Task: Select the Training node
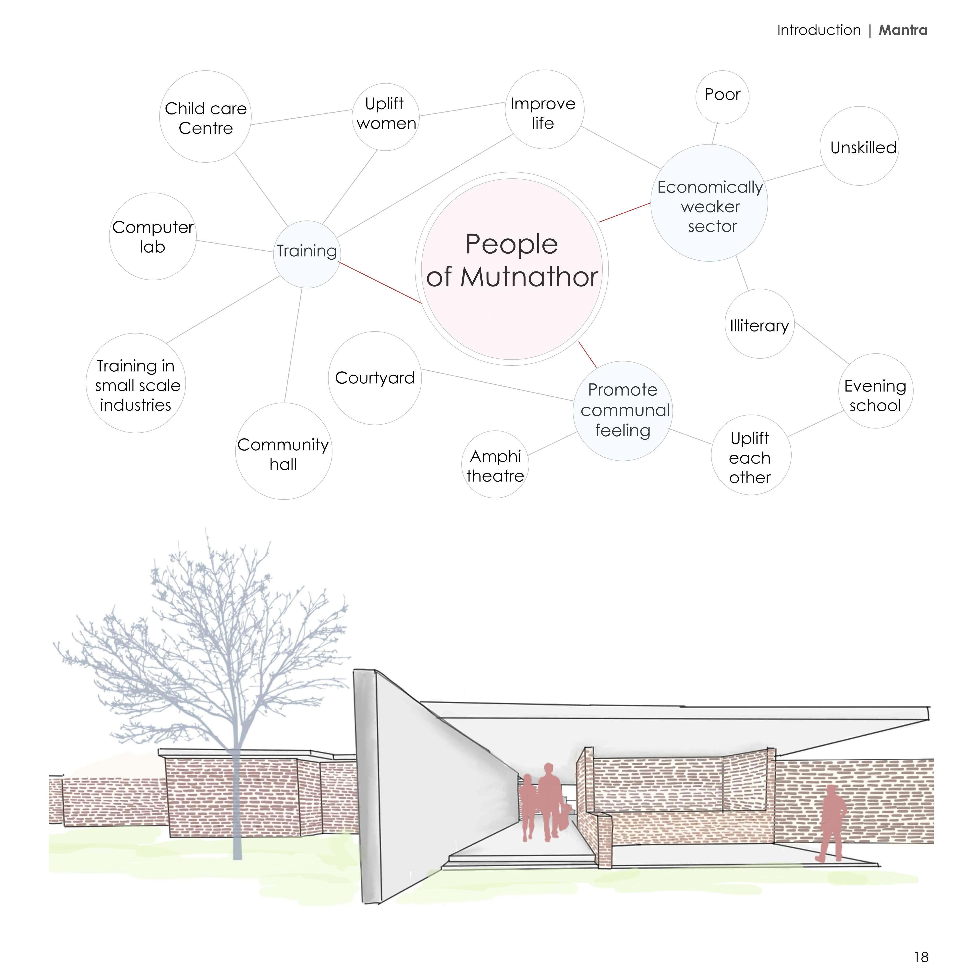[306, 254]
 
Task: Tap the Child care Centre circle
[206, 117]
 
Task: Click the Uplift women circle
[385, 117]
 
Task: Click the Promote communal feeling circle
[623, 411]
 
